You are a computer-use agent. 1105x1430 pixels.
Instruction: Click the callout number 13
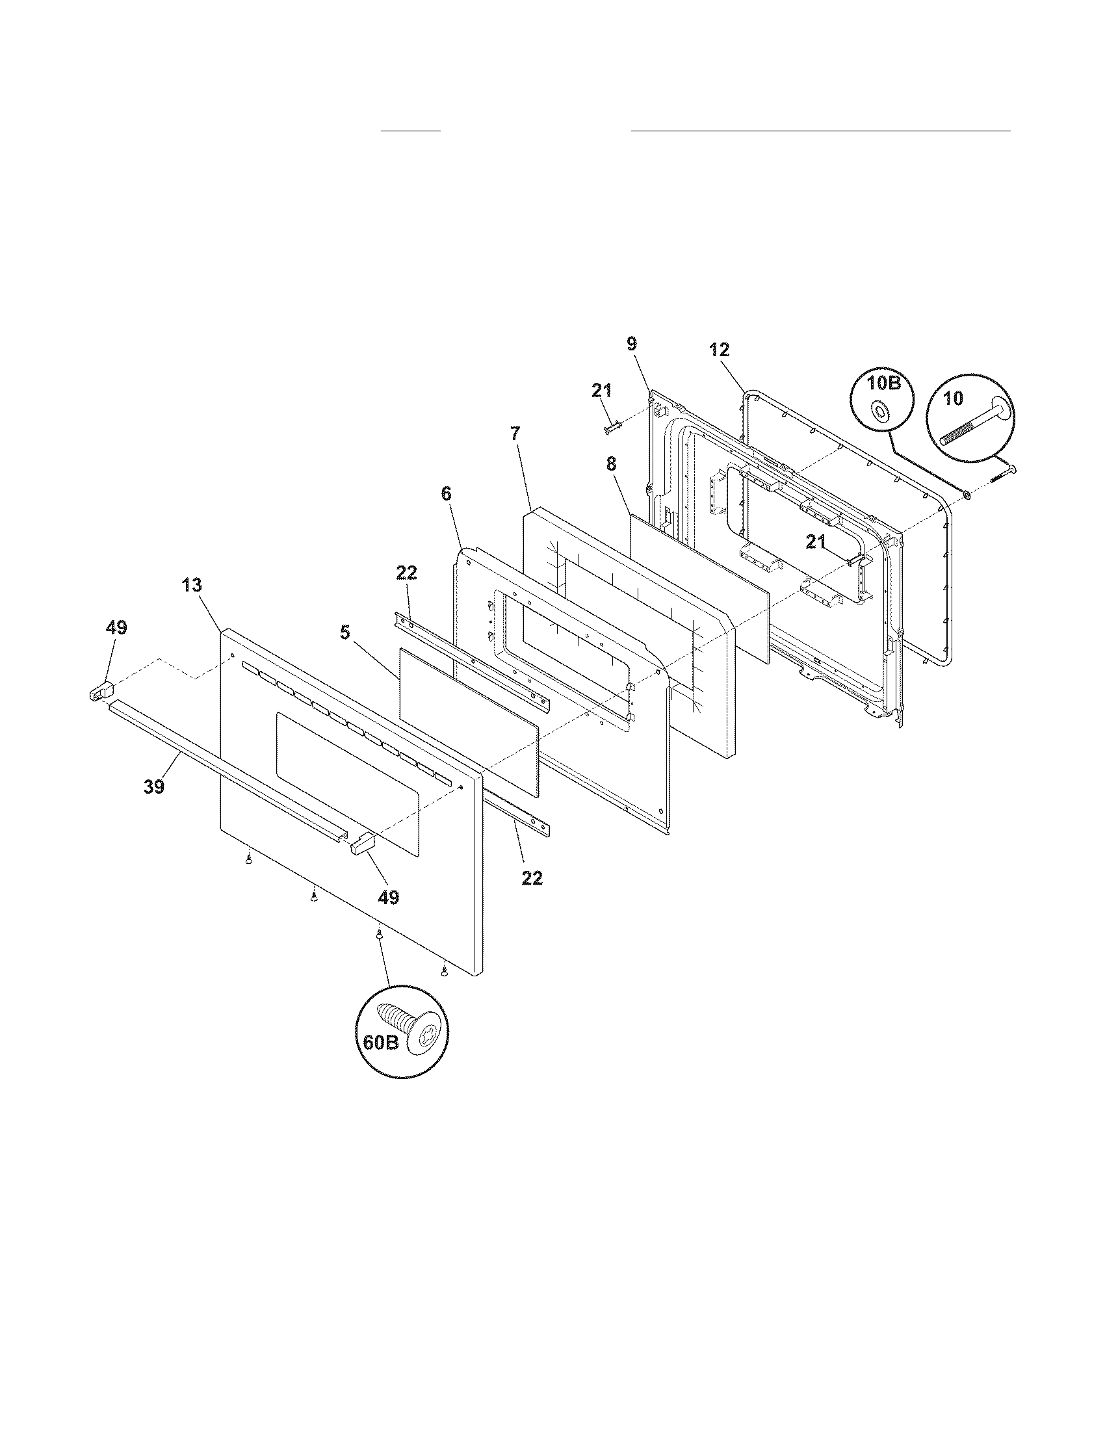(x=192, y=585)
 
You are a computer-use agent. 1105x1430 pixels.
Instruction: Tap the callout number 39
(x=154, y=786)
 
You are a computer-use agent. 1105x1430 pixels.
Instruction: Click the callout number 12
(x=719, y=350)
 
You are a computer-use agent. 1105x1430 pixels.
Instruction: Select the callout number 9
(x=631, y=344)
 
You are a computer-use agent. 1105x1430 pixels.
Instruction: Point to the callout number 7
(x=516, y=433)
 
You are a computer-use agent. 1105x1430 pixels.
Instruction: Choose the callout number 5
(x=344, y=632)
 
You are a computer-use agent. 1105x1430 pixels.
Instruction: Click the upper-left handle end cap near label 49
(x=99, y=690)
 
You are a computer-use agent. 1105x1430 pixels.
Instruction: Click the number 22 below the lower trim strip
(x=532, y=878)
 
